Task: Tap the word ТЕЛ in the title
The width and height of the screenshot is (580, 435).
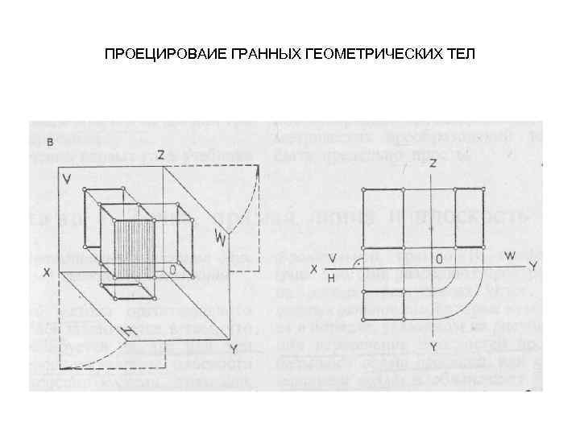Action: pos(461,56)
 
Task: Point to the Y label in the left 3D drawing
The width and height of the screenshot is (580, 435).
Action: pos(233,350)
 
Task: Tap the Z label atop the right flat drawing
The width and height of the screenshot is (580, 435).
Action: pos(433,164)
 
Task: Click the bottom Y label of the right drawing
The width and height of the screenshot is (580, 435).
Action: pos(433,346)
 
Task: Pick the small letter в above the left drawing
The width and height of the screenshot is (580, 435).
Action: pos(51,142)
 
